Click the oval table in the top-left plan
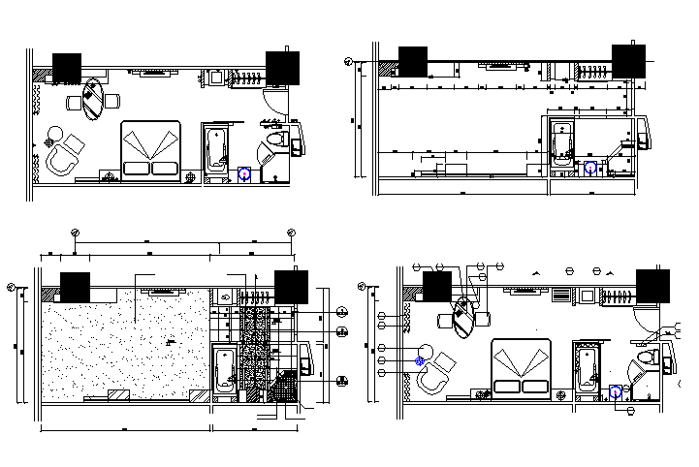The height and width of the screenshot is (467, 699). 93,98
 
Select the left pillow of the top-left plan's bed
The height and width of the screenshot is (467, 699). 136,168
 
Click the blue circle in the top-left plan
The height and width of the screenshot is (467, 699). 244,174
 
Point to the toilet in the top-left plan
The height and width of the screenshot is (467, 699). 277,142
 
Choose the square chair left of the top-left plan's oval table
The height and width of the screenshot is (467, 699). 74,102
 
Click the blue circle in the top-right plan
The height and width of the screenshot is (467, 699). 590,167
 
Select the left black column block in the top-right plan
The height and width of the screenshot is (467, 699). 414,60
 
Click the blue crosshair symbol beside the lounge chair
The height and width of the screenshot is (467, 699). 420,360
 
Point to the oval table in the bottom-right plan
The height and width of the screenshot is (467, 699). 463,317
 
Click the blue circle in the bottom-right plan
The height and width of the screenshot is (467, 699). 616,393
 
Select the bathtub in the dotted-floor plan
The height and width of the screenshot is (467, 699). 223,368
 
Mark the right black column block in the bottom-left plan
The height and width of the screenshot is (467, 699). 291,287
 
